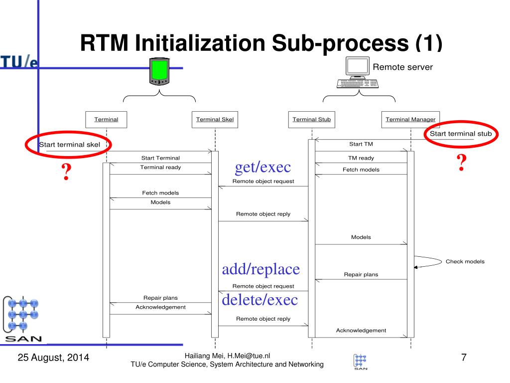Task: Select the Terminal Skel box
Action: [x=215, y=119]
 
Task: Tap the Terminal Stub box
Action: [x=311, y=119]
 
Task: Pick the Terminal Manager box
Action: [x=410, y=119]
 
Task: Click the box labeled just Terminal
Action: [x=107, y=119]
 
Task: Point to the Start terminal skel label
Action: [x=70, y=145]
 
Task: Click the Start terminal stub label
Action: [x=461, y=133]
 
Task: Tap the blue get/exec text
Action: [x=262, y=167]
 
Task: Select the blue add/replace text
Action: [x=261, y=269]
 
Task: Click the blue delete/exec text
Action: [x=259, y=299]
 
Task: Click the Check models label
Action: [x=465, y=261]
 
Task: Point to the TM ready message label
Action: [x=361, y=158]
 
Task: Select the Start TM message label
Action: [x=361, y=144]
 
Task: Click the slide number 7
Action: [x=464, y=357]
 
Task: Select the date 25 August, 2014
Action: [x=53, y=358]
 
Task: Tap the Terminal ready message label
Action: [x=160, y=167]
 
